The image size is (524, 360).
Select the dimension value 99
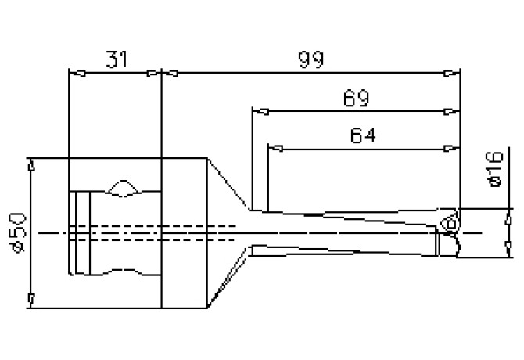point(310,59)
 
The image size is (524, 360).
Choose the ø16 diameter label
point(493,170)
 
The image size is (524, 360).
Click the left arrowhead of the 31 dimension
point(75,74)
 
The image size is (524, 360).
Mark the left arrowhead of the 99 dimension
point(167,74)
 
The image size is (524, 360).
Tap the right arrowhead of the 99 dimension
point(454,74)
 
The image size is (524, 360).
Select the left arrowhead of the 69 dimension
point(257,111)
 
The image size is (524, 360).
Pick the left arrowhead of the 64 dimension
point(273,147)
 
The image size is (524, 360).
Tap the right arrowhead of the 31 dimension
point(154,74)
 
